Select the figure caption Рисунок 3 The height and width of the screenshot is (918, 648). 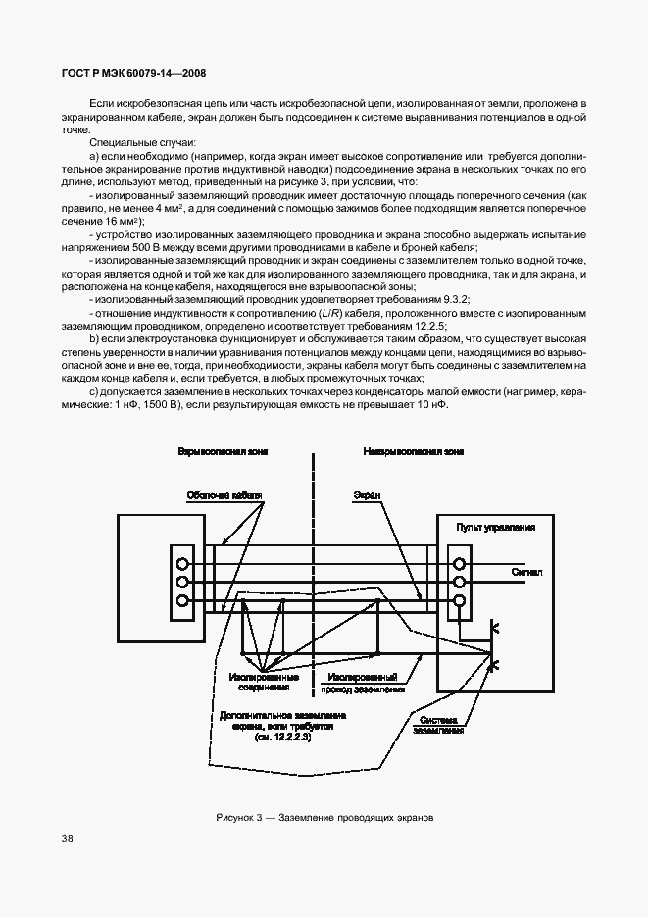point(324,817)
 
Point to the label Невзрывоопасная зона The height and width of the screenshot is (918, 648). point(400,451)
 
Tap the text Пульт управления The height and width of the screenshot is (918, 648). point(495,527)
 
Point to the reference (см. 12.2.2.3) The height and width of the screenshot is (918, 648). point(281,736)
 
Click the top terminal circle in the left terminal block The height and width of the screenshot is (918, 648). point(181,564)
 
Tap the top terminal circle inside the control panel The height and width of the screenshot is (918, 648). point(458,564)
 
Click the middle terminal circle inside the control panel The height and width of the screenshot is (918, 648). point(458,583)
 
